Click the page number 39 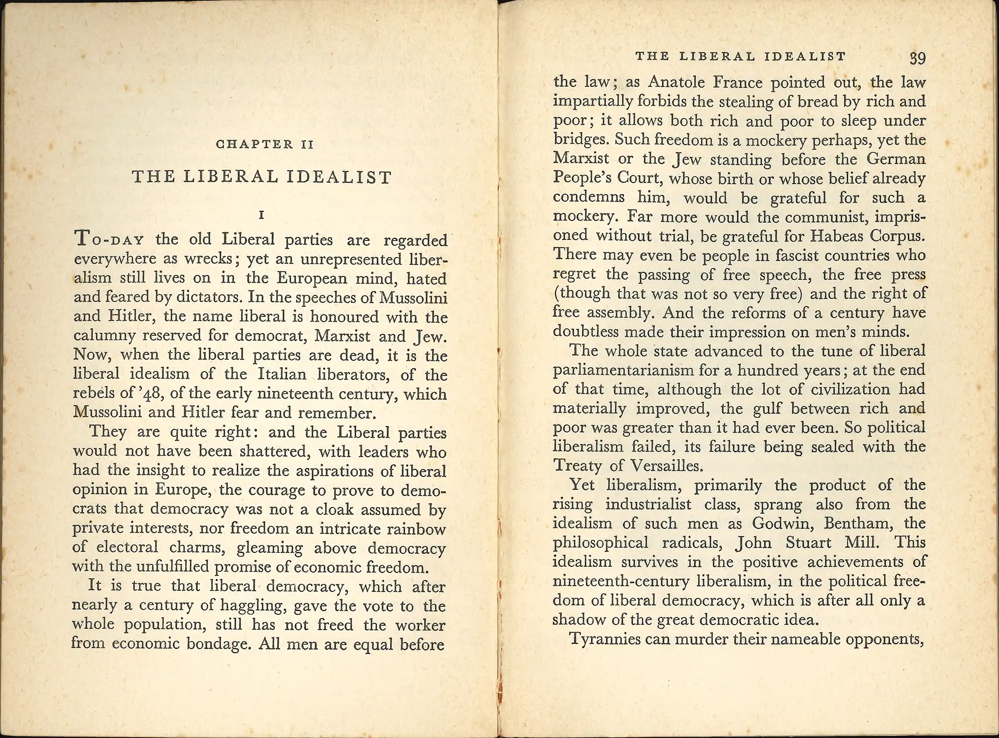918,58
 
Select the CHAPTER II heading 265,145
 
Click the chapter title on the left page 262,177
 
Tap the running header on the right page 741,56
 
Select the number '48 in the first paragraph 151,394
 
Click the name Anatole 677,82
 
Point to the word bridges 581,140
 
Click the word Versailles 666,466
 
